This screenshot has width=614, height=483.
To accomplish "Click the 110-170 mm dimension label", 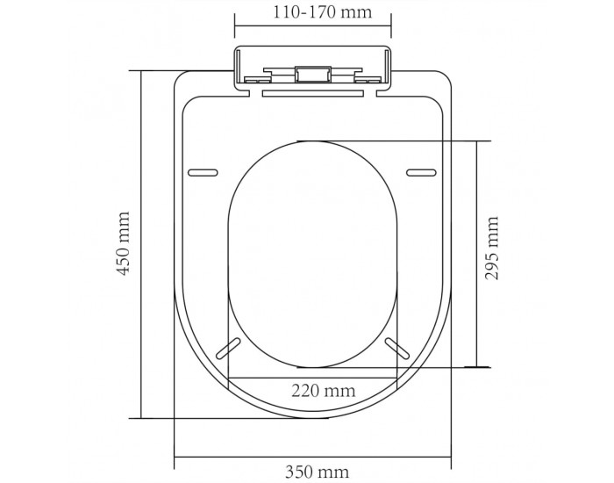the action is click(x=322, y=12).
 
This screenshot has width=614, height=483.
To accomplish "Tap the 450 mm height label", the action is click(x=123, y=243).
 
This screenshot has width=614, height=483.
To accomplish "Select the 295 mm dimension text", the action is click(x=492, y=248).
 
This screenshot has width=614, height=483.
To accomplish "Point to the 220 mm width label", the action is click(x=324, y=391).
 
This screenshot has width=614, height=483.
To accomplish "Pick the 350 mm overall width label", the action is click(x=317, y=472).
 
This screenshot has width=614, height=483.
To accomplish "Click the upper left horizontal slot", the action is click(x=203, y=172).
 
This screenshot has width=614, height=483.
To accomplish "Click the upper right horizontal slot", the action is click(x=421, y=172).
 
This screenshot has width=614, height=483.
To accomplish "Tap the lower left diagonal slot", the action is click(x=228, y=348).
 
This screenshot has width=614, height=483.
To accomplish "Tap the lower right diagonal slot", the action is click(x=397, y=348).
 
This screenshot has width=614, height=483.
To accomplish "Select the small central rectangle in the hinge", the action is click(x=313, y=75).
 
